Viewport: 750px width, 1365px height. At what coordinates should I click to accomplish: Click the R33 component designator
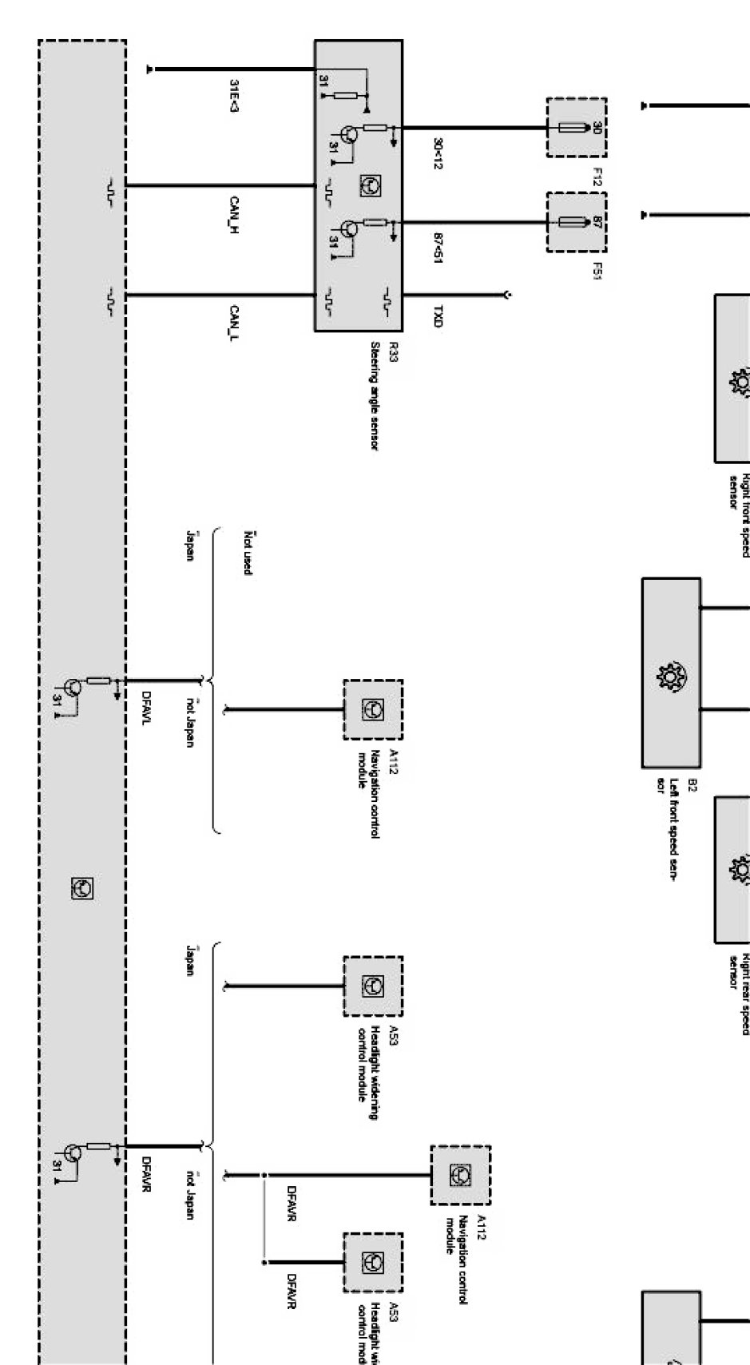click(x=393, y=351)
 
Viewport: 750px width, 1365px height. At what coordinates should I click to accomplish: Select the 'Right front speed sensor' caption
click(x=739, y=491)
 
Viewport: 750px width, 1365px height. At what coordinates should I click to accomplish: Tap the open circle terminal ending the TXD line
click(x=508, y=296)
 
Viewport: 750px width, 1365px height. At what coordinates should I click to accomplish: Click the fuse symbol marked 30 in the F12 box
click(x=573, y=128)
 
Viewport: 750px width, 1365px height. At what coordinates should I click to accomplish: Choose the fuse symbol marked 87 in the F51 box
click(x=573, y=222)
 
